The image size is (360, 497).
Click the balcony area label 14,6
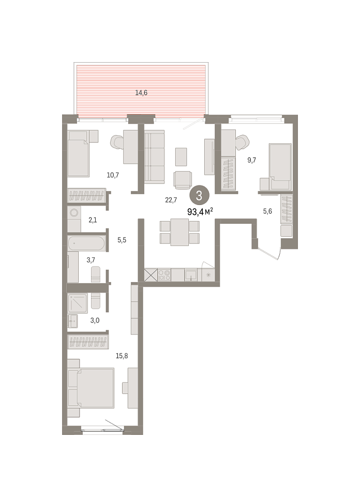141,93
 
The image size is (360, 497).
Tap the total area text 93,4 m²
200,212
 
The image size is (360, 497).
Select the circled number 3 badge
199,196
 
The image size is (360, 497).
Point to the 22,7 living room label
171,200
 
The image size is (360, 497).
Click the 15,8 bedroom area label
122,356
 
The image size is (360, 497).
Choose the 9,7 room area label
252,160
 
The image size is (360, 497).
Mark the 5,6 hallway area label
267,211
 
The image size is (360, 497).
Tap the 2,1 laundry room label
93,220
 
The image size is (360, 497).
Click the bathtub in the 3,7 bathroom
86,243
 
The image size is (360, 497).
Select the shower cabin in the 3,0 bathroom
78,303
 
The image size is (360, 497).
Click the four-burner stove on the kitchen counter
164,275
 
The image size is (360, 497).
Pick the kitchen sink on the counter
191,275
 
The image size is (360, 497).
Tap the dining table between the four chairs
179,232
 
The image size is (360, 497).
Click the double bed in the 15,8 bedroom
91,388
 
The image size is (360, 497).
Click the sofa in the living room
155,156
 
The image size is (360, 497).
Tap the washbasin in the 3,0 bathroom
72,321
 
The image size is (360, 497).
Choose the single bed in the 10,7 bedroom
78,154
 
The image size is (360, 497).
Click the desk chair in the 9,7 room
243,142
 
